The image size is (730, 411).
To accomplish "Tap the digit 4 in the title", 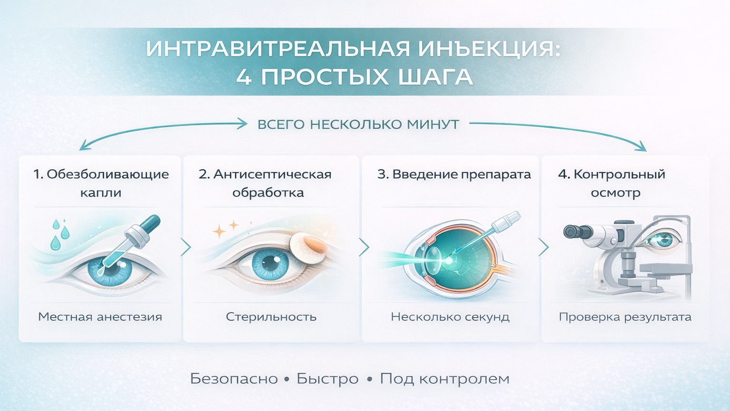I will pyautogui.click(x=243, y=77).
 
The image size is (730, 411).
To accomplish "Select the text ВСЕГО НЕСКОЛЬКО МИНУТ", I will pyautogui.click(x=358, y=124).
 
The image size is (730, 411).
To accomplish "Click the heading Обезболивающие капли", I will pyautogui.click(x=101, y=183).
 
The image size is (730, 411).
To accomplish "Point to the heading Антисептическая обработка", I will pyautogui.click(x=265, y=183).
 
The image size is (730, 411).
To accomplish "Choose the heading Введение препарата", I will pyautogui.click(x=454, y=174).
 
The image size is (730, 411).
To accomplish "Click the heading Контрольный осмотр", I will pyautogui.click(x=612, y=183).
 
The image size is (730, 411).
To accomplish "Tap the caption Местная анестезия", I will pyautogui.click(x=100, y=316).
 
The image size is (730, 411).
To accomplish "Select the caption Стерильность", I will pyautogui.click(x=271, y=316).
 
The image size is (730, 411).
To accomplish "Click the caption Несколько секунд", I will pyautogui.click(x=450, y=316).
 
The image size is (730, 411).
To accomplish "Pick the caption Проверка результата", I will pyautogui.click(x=625, y=316).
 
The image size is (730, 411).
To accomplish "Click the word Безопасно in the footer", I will pyautogui.click(x=234, y=379).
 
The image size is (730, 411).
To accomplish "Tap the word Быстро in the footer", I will pyautogui.click(x=327, y=379).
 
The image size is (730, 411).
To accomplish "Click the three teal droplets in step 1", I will pyautogui.click(x=59, y=235).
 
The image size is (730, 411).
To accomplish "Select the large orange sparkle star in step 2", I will pyautogui.click(x=219, y=231).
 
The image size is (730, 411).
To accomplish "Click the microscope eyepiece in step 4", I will pyautogui.click(x=576, y=232).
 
